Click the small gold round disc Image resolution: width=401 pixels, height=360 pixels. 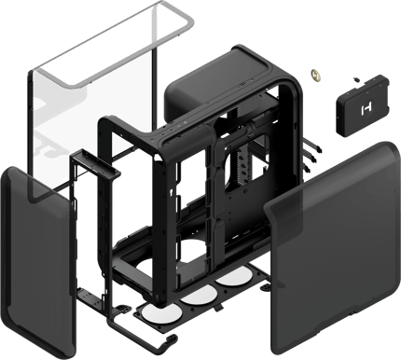pos(316,72)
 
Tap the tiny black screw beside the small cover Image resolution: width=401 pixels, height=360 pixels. pos(356,79)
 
